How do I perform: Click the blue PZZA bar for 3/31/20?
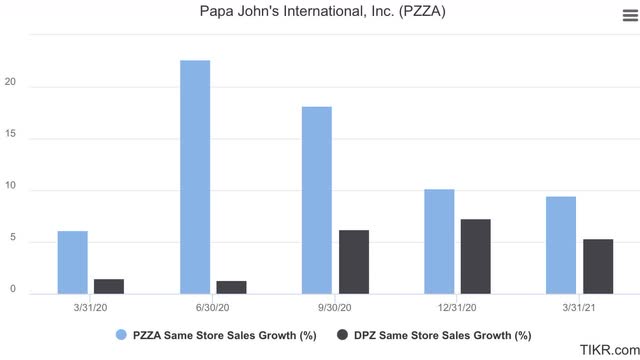(x=72, y=262)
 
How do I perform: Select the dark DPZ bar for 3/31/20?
(x=108, y=286)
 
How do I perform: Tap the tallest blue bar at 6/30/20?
(x=195, y=177)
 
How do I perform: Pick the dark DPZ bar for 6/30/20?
(x=231, y=287)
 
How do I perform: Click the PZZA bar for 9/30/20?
(x=317, y=200)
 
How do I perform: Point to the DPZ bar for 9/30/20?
(x=353, y=262)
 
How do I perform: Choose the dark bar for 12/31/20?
(x=475, y=256)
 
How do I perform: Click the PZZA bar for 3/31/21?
(x=561, y=245)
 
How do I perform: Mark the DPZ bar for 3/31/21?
(x=598, y=266)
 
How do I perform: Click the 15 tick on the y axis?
(x=10, y=137)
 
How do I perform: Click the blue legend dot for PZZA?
(x=121, y=335)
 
